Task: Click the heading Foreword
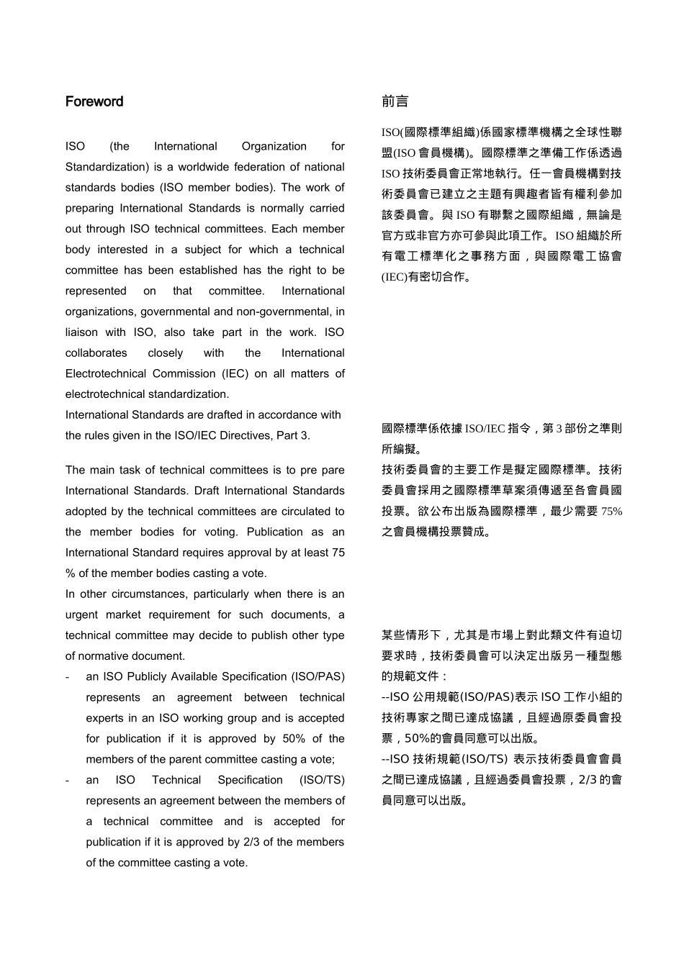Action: coord(94,101)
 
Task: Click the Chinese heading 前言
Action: coord(395,101)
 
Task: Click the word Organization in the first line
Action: coord(274,146)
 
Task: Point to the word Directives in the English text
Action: coord(248,435)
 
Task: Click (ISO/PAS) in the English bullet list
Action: coord(318,676)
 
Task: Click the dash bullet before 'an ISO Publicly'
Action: coord(67,677)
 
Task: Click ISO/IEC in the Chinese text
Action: coord(485,429)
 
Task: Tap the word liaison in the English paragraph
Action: coord(82,332)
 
